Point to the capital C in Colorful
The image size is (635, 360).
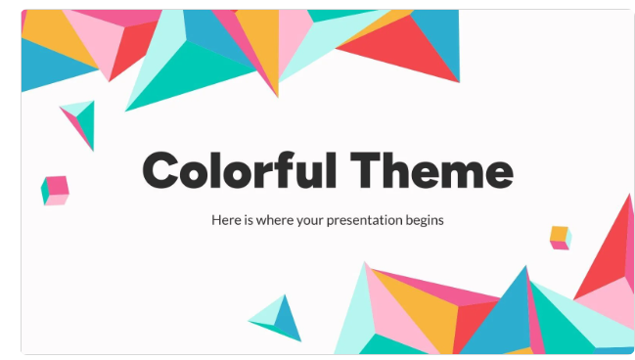point(163,172)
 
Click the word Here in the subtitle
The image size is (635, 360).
point(224,220)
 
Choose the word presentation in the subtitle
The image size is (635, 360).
point(369,221)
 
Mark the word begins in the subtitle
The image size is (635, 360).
point(427,221)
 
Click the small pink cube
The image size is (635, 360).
point(55,190)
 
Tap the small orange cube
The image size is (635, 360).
point(560,237)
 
